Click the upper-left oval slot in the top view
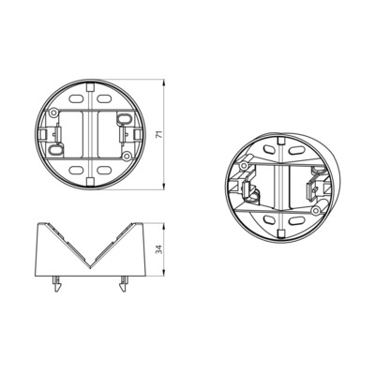[74, 95]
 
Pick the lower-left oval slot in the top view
[74, 171]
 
